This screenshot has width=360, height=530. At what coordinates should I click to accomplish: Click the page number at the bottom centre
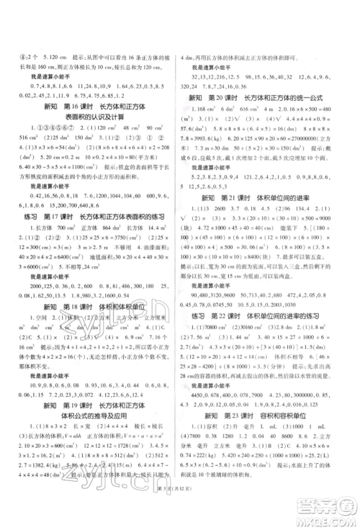coord(179,512)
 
